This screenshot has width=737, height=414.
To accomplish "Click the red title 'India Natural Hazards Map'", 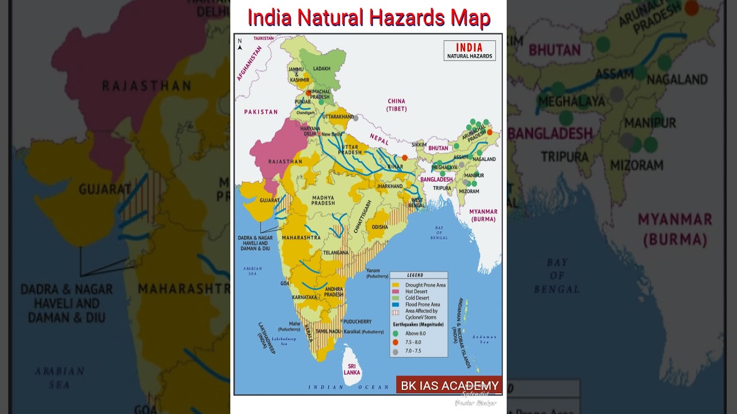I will click(x=368, y=18).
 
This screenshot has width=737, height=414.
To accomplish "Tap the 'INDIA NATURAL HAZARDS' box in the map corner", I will click(x=469, y=51).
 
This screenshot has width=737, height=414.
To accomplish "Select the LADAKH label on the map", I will click(x=322, y=68).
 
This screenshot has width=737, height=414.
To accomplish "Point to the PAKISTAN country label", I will click(x=261, y=112).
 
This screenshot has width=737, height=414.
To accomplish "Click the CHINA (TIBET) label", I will click(x=397, y=105).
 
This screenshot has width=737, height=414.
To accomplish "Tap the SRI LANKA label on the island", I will click(x=352, y=369).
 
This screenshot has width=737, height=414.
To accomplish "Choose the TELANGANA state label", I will click(x=336, y=252).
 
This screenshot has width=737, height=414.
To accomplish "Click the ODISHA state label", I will click(x=379, y=227).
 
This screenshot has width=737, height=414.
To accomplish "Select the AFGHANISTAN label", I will click(x=249, y=63).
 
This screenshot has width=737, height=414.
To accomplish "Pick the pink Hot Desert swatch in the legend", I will click(x=396, y=292).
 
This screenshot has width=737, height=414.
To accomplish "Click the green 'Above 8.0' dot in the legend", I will click(x=395, y=333).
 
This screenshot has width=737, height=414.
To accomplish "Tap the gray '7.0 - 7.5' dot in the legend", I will click(x=395, y=351).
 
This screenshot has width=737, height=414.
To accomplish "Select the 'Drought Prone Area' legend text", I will click(x=426, y=285).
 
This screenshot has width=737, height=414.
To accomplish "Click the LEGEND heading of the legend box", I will click(x=415, y=275).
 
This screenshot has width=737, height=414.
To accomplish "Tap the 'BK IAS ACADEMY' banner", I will click(x=449, y=385).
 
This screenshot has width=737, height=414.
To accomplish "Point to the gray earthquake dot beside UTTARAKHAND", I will click(x=356, y=118).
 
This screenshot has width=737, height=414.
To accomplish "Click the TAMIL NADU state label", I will click(x=329, y=332).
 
